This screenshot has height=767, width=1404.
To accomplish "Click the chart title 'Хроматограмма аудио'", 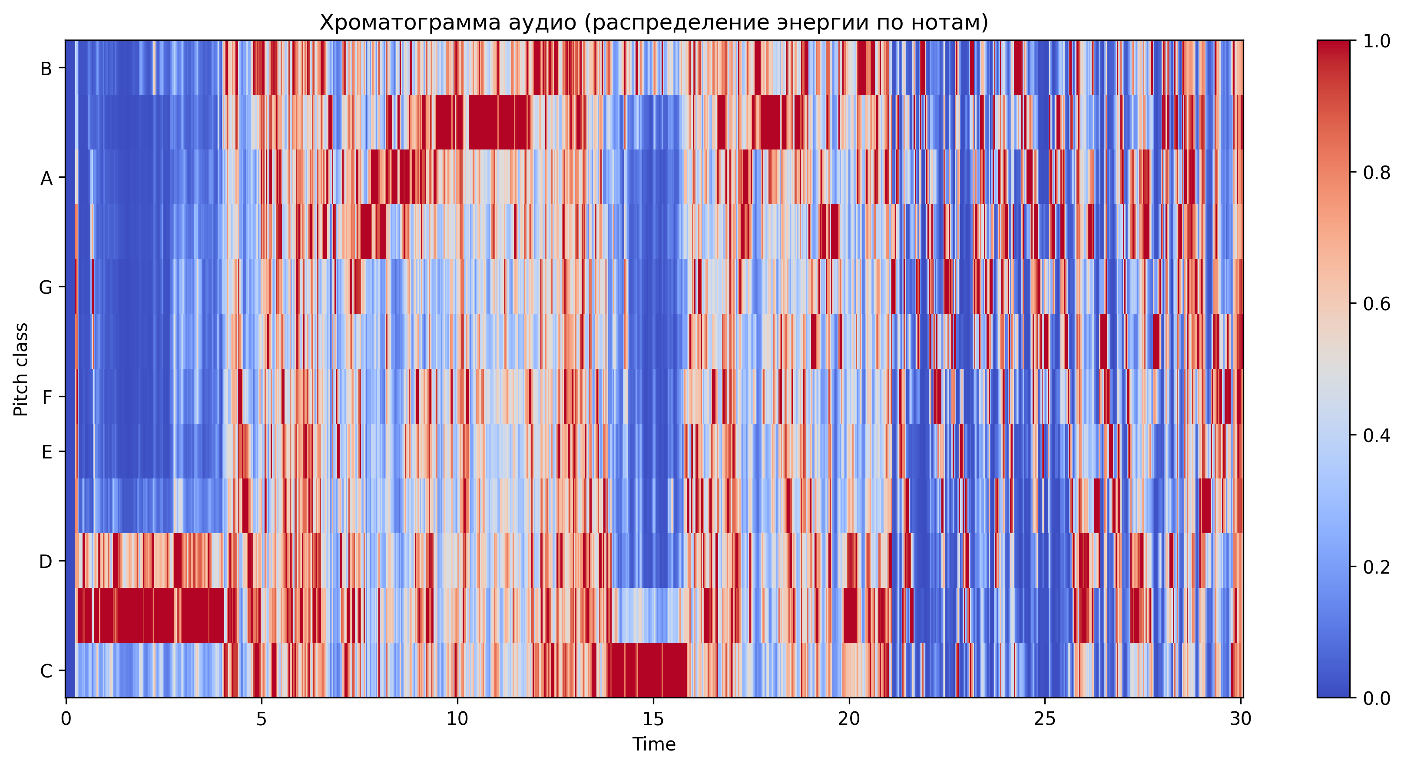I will [x=653, y=23].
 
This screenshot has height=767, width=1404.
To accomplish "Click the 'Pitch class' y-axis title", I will [x=21, y=369].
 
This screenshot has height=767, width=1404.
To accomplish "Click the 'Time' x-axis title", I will [x=653, y=744].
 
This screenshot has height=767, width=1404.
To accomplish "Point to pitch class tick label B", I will [x=46, y=69].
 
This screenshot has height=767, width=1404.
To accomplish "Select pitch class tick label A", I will [x=46, y=178].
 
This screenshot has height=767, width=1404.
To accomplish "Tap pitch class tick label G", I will [x=46, y=287].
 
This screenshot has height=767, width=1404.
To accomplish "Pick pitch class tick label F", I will [x=47, y=397].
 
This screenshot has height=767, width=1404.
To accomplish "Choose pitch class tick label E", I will [x=47, y=452].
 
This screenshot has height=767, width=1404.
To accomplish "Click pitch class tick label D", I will [x=46, y=561].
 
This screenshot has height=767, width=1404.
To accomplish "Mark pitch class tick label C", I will [x=46, y=671].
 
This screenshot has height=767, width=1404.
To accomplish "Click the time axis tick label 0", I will [x=66, y=719].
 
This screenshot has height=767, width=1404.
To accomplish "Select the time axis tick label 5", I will [x=262, y=719].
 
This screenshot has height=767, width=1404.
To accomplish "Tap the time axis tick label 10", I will [x=457, y=719].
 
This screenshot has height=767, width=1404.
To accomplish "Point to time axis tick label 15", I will [x=653, y=719].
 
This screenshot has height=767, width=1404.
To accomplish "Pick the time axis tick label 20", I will [x=849, y=719].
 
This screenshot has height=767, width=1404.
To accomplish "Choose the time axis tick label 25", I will [x=1044, y=719].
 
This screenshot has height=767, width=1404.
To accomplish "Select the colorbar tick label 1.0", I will [x=1376, y=41].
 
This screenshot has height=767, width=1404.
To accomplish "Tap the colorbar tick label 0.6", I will [x=1376, y=304].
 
